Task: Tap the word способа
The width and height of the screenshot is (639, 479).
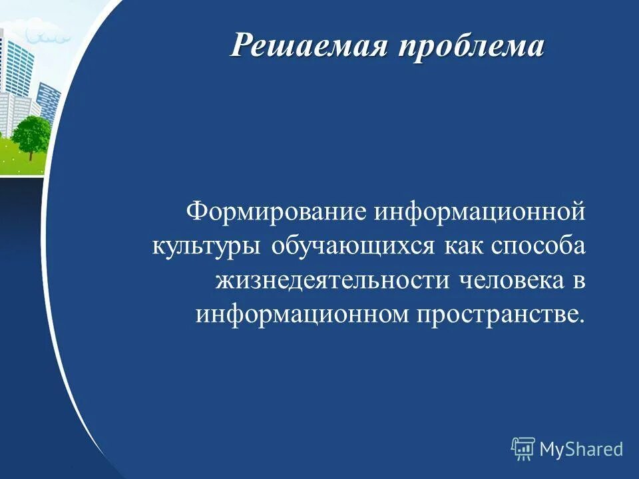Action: point(538,246)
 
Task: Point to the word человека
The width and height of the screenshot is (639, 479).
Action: point(510,279)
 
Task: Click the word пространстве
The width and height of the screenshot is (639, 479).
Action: point(496,313)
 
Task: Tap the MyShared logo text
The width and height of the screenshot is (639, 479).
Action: point(581,449)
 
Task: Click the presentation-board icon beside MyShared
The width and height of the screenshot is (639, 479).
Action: point(523,449)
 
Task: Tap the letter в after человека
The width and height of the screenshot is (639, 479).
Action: point(576,280)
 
